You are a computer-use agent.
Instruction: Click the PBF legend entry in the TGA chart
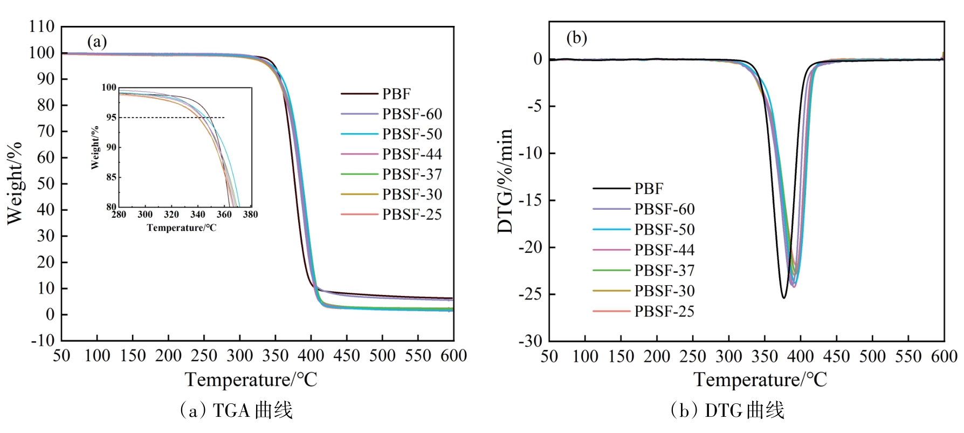coord(396,94)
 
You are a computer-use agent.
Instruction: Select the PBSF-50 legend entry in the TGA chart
coord(412,134)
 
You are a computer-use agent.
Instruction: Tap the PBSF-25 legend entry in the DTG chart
coord(664,312)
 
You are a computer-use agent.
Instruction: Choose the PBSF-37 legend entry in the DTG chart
coord(664,271)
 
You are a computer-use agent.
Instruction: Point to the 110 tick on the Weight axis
coord(42,26)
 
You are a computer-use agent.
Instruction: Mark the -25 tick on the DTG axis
coord(531,294)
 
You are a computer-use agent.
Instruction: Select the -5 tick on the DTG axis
coord(535,106)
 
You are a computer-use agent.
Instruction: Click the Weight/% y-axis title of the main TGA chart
coord(15,183)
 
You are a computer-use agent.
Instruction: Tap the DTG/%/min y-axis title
coord(505,181)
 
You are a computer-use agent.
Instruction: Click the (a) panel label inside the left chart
coord(97,42)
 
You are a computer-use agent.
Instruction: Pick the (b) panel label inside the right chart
coord(576,38)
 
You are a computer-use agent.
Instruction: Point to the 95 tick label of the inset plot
coord(111,118)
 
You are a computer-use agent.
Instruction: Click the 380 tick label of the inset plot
coord(251,215)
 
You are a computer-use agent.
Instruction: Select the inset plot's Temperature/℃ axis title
coord(182,228)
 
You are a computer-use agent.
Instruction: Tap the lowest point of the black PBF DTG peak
coord(784,298)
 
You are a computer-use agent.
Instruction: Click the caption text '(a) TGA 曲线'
coord(236,411)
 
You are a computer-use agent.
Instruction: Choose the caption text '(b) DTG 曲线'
coord(727,411)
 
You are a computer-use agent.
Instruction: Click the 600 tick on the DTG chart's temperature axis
coord(944,356)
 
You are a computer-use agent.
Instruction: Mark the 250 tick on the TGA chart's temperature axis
coord(204,356)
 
